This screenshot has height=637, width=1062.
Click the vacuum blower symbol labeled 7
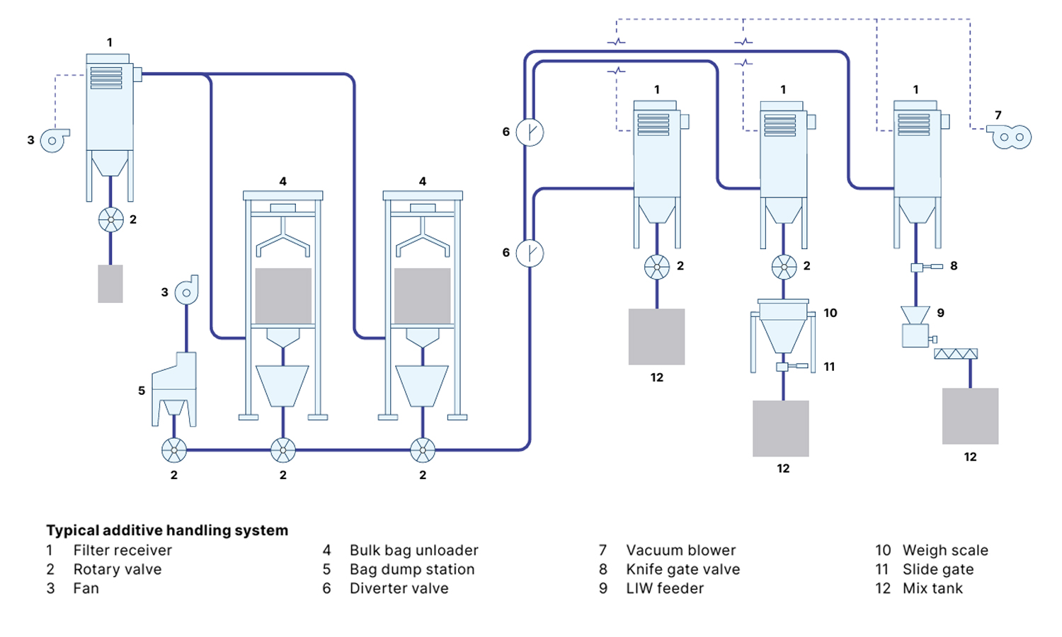(x=1011, y=137)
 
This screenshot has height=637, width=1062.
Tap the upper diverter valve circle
(x=530, y=132)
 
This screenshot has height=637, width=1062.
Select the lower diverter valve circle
(x=530, y=253)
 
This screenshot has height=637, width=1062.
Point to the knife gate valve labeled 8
(x=918, y=267)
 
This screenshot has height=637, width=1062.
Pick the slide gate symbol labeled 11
(x=784, y=367)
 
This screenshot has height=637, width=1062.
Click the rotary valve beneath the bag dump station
(x=174, y=450)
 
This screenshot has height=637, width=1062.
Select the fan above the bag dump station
(x=187, y=291)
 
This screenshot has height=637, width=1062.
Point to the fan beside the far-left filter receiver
(x=54, y=140)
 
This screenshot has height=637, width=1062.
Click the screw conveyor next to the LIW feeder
(x=956, y=354)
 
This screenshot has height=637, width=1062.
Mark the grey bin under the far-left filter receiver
(x=110, y=284)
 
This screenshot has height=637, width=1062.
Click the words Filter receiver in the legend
(x=122, y=551)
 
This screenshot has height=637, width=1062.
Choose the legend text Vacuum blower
(x=680, y=551)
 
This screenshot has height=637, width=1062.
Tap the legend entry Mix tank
(x=932, y=589)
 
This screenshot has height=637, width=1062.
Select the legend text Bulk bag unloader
(x=413, y=551)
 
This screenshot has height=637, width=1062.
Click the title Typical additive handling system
(x=167, y=531)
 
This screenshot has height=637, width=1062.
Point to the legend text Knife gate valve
(x=683, y=570)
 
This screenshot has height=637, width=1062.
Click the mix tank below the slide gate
(x=781, y=428)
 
